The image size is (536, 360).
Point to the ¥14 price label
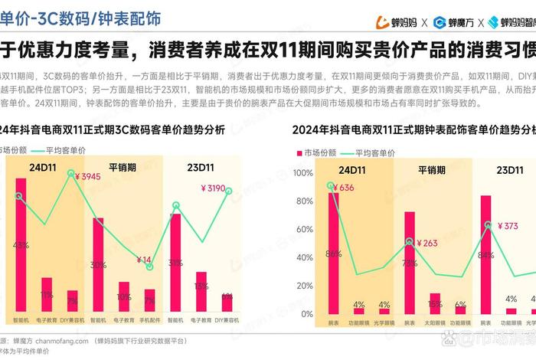143,260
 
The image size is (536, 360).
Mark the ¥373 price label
508,226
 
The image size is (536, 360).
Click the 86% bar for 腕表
333,254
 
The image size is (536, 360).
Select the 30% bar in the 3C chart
98,266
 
